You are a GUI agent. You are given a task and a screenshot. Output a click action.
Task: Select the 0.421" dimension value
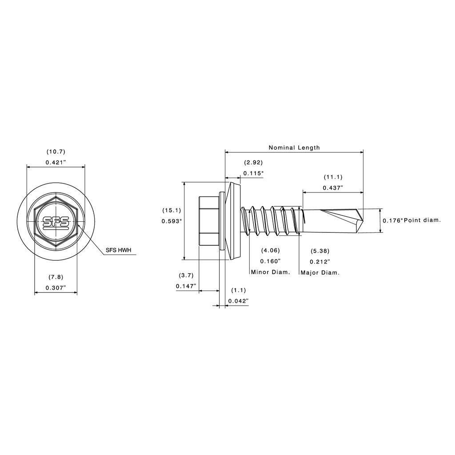pos(56,163)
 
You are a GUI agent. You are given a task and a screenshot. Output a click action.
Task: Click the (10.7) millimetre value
pos(56,152)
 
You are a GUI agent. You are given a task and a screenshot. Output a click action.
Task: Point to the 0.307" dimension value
pos(56,288)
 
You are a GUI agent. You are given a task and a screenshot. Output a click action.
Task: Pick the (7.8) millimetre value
pos(56,277)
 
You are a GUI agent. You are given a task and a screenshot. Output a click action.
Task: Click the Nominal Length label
pos(294,148)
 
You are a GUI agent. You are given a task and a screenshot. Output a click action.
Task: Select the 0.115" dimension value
pos(253,173)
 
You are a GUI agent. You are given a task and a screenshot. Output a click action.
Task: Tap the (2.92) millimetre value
pos(253,163)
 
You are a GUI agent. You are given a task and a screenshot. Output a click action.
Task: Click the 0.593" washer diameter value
pos(172,221)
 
